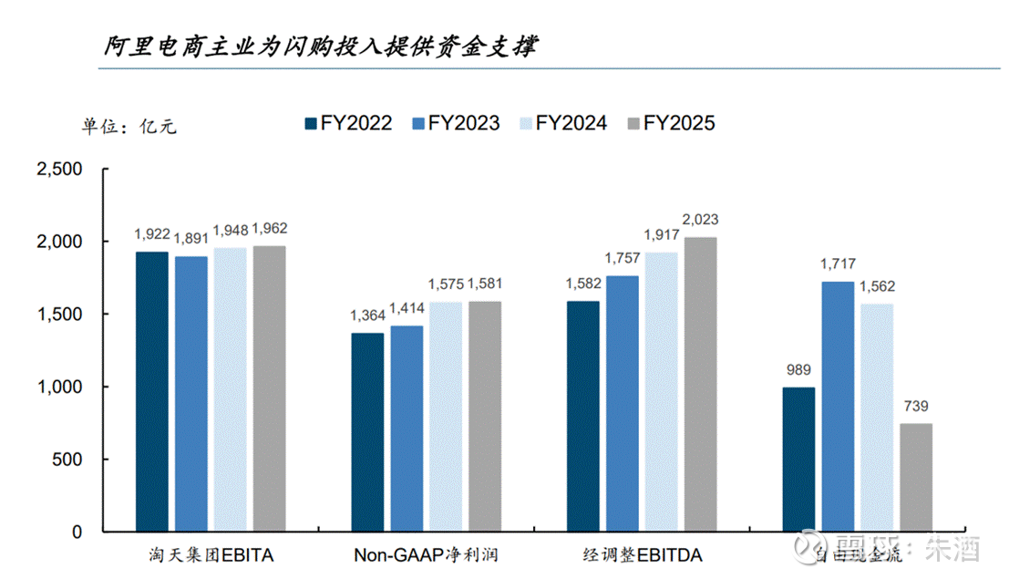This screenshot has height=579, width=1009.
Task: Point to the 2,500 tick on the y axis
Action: pyautogui.click(x=58, y=170)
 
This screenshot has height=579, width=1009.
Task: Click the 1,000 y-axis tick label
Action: pyautogui.click(x=58, y=387)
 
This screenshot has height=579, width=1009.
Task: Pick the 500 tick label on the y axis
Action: pyautogui.click(x=67, y=460)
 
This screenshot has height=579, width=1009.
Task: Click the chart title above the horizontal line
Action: pyautogui.click(x=318, y=46)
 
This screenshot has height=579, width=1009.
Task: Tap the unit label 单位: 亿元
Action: pyautogui.click(x=129, y=127)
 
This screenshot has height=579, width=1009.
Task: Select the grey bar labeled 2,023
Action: pyautogui.click(x=701, y=384)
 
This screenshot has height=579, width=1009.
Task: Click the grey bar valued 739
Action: pyautogui.click(x=916, y=477)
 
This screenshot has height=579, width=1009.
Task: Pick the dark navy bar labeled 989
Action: pyautogui.click(x=798, y=459)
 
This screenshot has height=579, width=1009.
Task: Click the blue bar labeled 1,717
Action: pyautogui.click(x=838, y=407)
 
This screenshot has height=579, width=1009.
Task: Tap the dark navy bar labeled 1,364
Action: pyautogui.click(x=367, y=432)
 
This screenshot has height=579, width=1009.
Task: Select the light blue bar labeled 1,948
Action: pyautogui.click(x=231, y=389)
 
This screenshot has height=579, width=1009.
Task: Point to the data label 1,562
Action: pyautogui.click(x=877, y=286)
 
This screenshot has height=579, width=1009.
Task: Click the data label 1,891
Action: pyautogui.click(x=191, y=241)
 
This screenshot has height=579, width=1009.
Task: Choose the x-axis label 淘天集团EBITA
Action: pyautogui.click(x=211, y=554)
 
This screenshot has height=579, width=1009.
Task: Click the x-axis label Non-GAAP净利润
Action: pyautogui.click(x=426, y=554)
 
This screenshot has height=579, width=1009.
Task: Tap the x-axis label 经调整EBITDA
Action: pyautogui.click(x=643, y=554)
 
